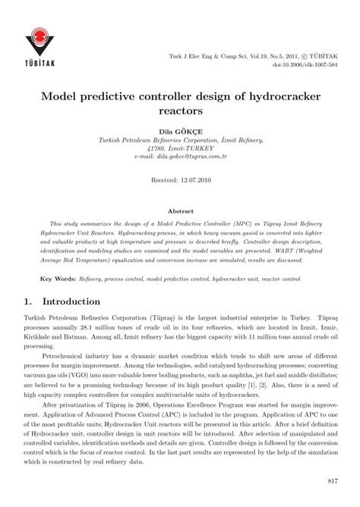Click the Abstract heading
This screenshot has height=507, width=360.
(179, 210)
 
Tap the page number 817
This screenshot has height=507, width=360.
(331, 480)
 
